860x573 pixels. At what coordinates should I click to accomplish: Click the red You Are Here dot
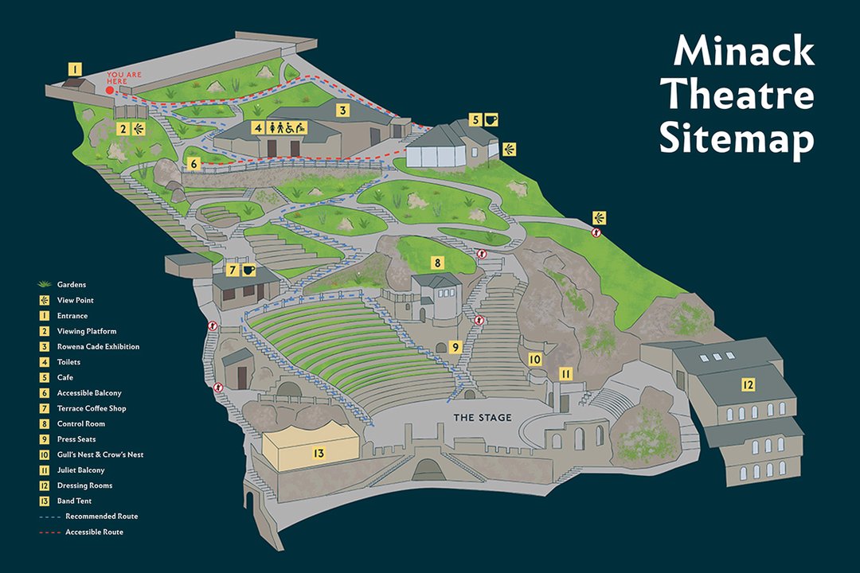coord(111,91)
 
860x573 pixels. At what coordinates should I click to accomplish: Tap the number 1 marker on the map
coord(73,69)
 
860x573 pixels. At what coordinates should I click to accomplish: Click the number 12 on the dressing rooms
coord(748,385)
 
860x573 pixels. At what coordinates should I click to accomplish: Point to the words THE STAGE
coord(483,418)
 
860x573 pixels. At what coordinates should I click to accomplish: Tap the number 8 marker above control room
coord(436,262)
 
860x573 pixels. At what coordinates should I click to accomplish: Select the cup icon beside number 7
coord(249,270)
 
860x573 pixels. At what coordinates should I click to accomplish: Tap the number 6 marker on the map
coord(193,165)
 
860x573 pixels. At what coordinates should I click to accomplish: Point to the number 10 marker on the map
coord(535,360)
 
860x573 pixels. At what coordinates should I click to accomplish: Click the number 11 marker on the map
coord(565,373)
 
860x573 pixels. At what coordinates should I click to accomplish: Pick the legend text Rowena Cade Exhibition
coord(98,347)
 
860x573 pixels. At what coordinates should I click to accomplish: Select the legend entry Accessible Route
coord(94,532)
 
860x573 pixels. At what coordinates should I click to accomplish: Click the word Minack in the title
coord(744,53)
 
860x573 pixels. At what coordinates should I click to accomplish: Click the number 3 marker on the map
coord(342,111)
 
